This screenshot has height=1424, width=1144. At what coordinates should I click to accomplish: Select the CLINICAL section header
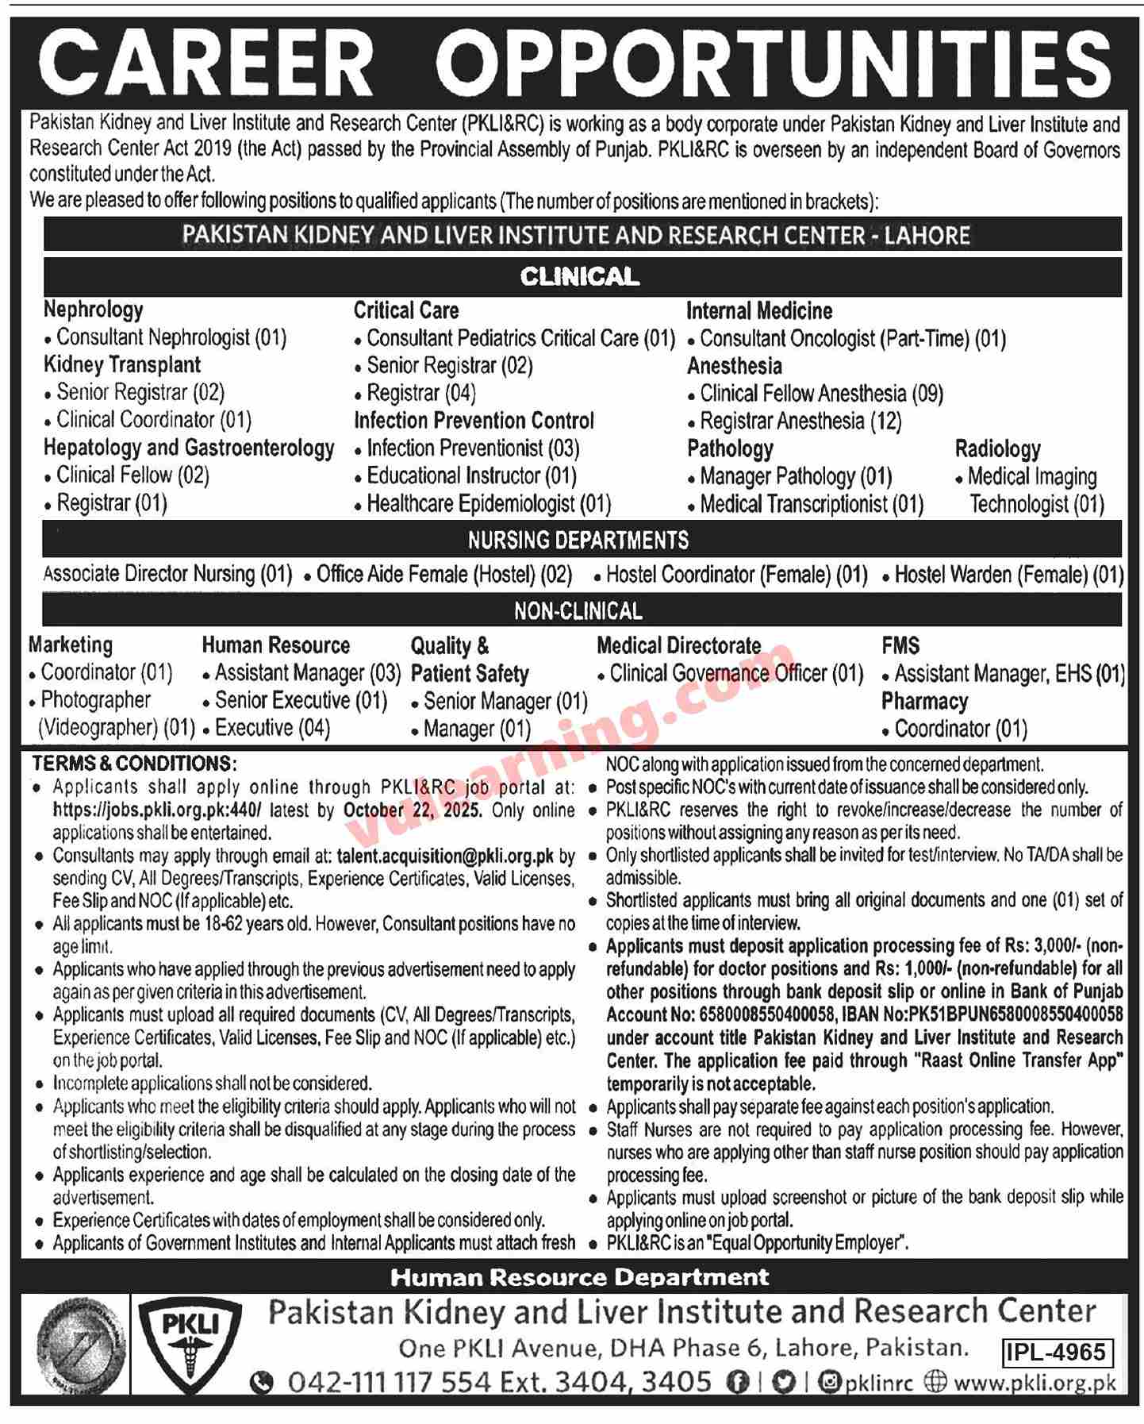pyautogui.click(x=579, y=276)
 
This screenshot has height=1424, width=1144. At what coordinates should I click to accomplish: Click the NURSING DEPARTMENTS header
pyautogui.click(x=578, y=541)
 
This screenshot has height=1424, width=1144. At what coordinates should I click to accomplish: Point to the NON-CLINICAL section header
pyautogui.click(x=578, y=611)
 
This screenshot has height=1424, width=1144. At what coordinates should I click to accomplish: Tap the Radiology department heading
pyautogui.click(x=997, y=449)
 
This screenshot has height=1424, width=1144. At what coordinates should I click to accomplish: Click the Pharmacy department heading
pyautogui.click(x=924, y=702)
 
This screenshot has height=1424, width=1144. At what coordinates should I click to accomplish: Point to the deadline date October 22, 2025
pyautogui.click(x=413, y=810)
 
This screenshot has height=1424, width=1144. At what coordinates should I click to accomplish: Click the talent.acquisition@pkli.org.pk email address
pyautogui.click(x=445, y=856)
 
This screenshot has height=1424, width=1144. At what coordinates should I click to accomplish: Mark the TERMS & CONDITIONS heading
pyautogui.click(x=134, y=764)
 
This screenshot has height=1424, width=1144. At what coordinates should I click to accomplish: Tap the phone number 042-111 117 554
pyautogui.click(x=389, y=1383)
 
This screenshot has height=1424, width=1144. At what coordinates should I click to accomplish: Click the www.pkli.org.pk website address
pyautogui.click(x=1035, y=1383)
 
